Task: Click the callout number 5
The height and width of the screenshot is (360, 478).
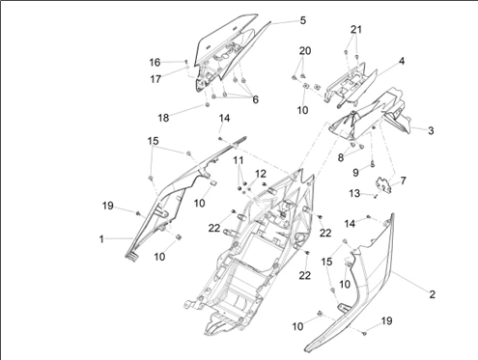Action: pos(303,20)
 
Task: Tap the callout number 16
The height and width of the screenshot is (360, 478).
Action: pos(155,63)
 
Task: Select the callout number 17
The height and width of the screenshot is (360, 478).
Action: pos(155,79)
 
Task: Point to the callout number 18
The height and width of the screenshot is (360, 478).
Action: pos(163,118)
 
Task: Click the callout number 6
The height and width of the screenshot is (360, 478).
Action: pos(255,99)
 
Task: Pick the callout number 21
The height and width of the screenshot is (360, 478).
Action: pos(356,30)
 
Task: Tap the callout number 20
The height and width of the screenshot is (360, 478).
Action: pos(305,51)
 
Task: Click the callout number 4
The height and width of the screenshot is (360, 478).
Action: pos(402,61)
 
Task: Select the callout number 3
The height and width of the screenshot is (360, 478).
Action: pos(431,130)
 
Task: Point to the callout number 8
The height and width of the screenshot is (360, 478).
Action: pos(341,157)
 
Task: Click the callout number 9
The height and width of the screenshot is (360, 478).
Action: pos(355,173)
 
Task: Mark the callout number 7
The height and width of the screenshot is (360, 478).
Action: pos(403,180)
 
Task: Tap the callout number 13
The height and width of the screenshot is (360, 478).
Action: pos(354,193)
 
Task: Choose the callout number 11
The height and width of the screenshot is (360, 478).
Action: pos(239,160)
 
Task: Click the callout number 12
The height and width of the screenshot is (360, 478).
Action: pos(261,174)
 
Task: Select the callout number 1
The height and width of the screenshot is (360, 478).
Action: pos(101,239)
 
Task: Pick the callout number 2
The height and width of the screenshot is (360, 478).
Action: pos(432,294)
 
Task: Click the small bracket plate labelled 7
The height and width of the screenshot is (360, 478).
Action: pos(384,185)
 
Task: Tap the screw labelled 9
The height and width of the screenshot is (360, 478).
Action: pos(372,164)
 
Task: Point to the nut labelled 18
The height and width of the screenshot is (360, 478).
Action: pos(207,105)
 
